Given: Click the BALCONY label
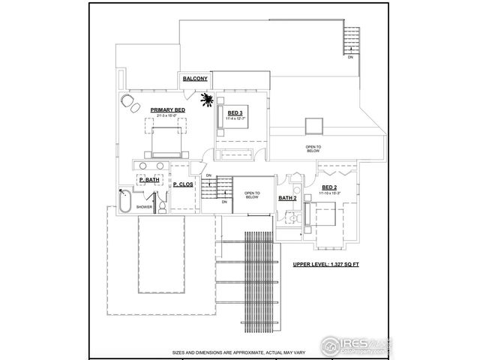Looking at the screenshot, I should (x=195, y=79).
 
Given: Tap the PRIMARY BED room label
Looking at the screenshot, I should (x=167, y=110).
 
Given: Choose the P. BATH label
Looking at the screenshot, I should (x=148, y=180).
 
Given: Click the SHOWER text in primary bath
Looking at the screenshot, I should (x=145, y=207).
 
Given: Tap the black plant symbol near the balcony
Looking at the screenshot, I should (x=208, y=99).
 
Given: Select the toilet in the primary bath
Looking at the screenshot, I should (x=160, y=202).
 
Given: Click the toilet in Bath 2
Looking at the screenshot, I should (x=295, y=217).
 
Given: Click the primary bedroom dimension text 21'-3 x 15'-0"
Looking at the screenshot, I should (x=167, y=116).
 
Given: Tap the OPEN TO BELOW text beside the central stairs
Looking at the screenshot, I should (x=251, y=195).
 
